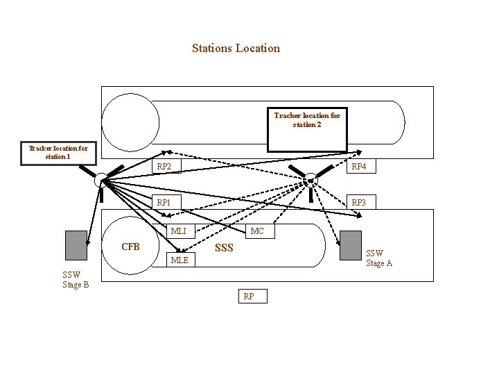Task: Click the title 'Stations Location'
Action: click(236, 49)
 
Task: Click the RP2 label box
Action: click(164, 167)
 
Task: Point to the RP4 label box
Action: click(358, 167)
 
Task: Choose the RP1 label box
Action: click(164, 203)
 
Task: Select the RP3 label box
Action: click(358, 203)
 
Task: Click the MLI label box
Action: click(179, 231)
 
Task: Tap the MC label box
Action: click(257, 231)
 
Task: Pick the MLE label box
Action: click(179, 260)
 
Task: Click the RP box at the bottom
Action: click(248, 297)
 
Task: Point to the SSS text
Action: click(224, 248)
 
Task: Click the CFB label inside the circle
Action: click(130, 247)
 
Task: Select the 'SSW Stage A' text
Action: click(379, 258)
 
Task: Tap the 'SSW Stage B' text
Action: click(76, 280)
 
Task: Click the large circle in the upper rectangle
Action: click(128, 122)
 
